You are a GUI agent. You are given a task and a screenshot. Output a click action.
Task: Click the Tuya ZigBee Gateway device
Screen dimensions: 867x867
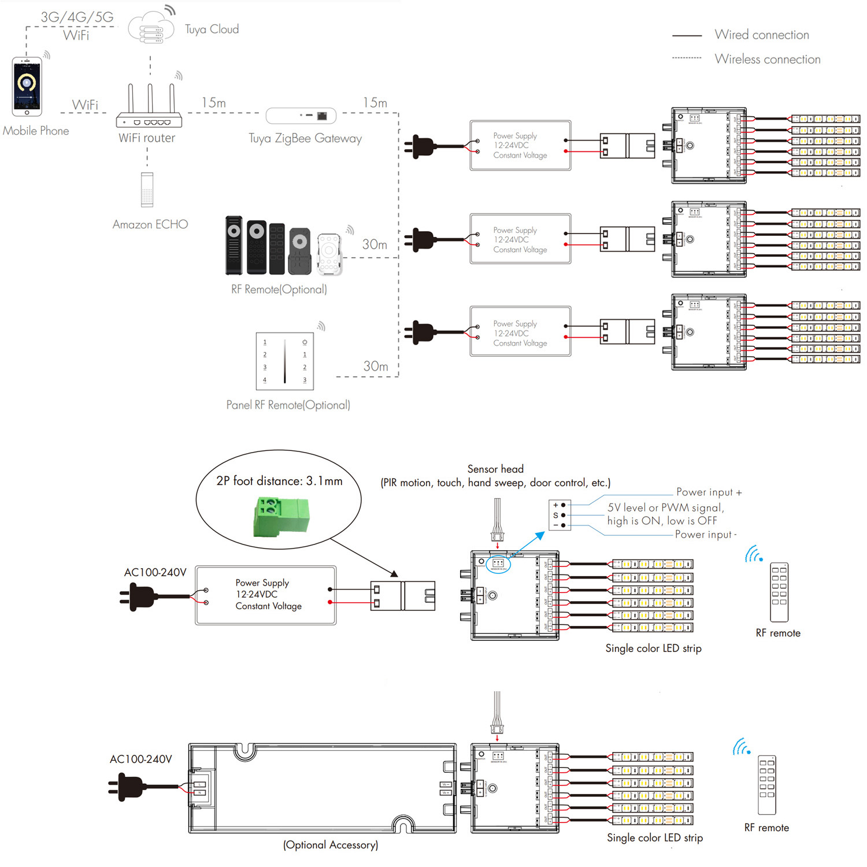click(301, 116)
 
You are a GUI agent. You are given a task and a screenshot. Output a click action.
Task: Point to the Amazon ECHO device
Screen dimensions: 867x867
click(147, 190)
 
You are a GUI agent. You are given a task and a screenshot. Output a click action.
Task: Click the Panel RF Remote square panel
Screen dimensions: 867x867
click(285, 361)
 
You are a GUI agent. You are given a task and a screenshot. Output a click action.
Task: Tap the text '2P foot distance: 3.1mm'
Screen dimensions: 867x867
click(279, 481)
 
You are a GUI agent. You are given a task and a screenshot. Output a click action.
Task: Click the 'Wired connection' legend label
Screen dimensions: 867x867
click(762, 35)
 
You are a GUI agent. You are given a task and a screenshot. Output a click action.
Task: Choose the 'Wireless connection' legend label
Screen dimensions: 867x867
click(768, 59)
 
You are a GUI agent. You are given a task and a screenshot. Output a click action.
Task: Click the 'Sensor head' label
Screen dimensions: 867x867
click(495, 469)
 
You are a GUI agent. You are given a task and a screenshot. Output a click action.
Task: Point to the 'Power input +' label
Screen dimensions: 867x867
click(709, 492)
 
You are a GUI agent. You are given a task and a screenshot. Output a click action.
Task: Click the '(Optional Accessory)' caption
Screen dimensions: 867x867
click(331, 845)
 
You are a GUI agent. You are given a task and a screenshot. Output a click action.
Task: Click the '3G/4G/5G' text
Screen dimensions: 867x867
click(77, 17)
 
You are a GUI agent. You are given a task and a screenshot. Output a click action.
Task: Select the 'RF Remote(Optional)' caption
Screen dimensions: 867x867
click(279, 290)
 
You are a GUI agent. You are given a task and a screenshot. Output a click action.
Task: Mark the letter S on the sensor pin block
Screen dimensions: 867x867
click(555, 515)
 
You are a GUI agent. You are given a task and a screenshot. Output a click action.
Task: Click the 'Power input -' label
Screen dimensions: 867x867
click(706, 535)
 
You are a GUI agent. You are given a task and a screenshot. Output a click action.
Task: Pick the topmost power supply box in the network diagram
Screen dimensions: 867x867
click(520, 146)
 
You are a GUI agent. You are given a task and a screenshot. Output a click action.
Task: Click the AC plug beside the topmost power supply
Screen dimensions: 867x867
click(422, 146)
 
